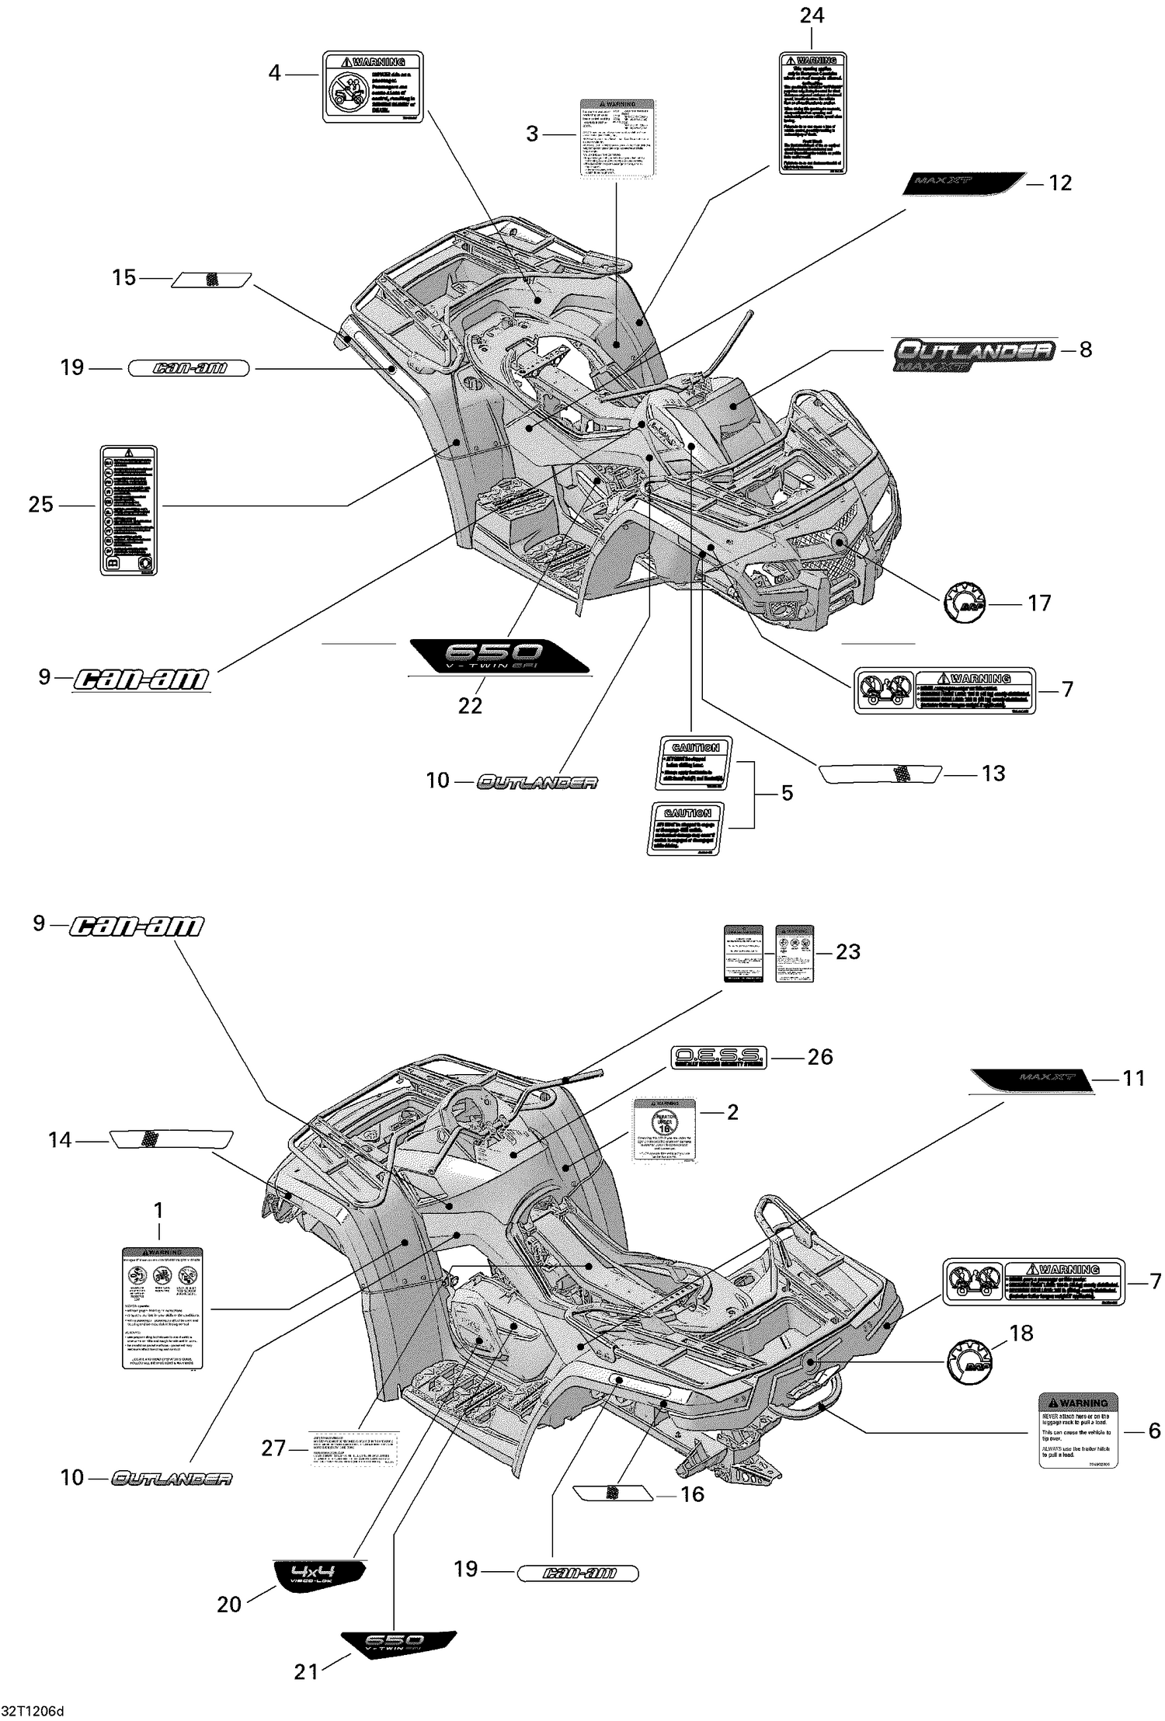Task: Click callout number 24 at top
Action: (812, 16)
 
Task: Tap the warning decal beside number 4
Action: (373, 87)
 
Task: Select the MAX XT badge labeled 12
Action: (963, 183)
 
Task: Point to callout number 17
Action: (1039, 603)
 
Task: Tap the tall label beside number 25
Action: (128, 509)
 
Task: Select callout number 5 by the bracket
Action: (787, 793)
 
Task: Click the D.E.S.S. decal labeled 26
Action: (718, 1056)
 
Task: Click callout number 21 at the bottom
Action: (306, 1671)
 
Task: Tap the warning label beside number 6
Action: (1078, 1430)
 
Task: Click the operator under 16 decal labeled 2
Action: (664, 1130)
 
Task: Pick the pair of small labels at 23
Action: (769, 954)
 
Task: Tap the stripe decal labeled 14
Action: (171, 1139)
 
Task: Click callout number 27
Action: (273, 1448)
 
